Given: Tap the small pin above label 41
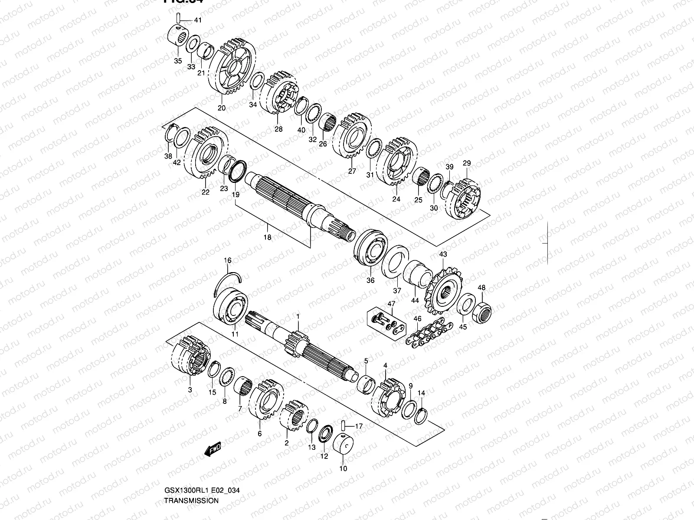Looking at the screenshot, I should (178, 19).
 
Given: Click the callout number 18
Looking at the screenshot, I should (267, 237).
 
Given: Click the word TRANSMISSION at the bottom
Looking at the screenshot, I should (191, 500).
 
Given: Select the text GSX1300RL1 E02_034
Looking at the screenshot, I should (202, 491).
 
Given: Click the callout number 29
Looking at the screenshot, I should (467, 163).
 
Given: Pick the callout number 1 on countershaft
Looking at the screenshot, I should (298, 316).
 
